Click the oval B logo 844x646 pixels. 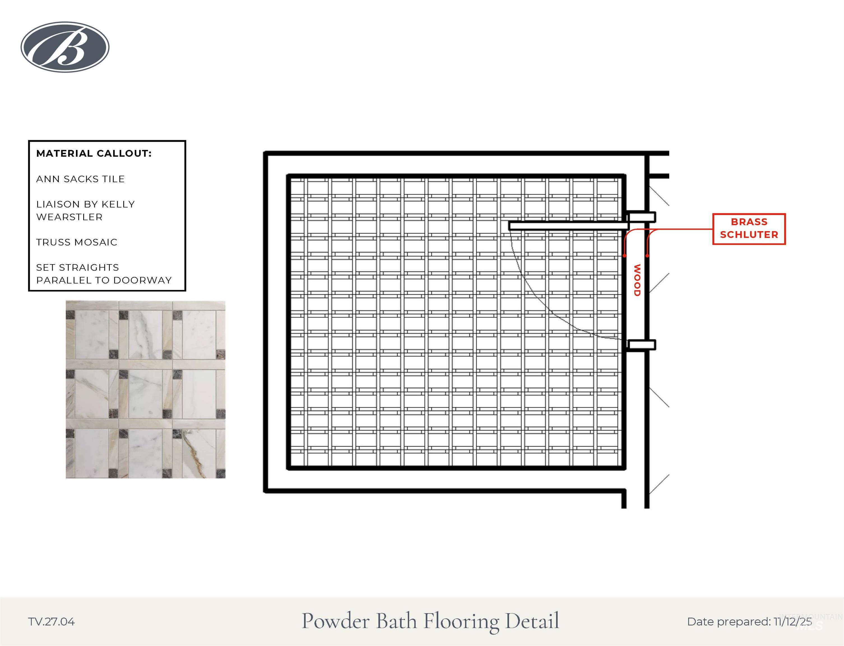pyautogui.click(x=65, y=47)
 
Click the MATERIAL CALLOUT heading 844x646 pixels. pyautogui.click(x=94, y=153)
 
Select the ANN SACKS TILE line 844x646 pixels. pyautogui.click(x=80, y=179)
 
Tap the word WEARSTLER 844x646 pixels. pyautogui.click(x=69, y=217)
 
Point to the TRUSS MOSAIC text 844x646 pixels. pyautogui.click(x=77, y=242)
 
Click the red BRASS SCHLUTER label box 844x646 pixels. pyautogui.click(x=749, y=229)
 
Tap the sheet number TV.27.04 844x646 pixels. pyautogui.click(x=52, y=622)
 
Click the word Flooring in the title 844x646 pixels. pyautogui.click(x=461, y=621)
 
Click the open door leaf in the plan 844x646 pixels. pyautogui.click(x=569, y=226)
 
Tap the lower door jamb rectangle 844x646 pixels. pyautogui.click(x=641, y=345)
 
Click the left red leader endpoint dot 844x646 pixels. pyautogui.click(x=625, y=256)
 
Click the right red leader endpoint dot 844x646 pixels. pyautogui.click(x=648, y=256)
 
